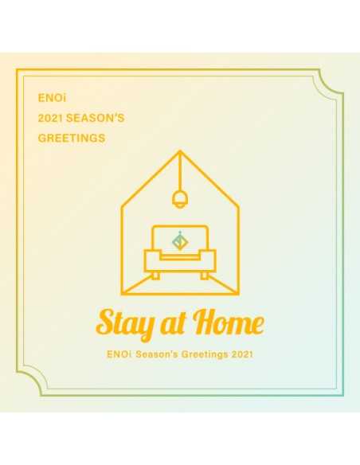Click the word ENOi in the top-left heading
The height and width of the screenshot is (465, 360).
49,100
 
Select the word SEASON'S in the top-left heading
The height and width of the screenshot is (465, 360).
100,119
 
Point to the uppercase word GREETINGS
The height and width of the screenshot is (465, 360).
72,139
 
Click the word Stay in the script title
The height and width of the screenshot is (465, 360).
124,322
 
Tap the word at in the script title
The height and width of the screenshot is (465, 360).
173,324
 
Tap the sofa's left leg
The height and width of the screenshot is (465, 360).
156,275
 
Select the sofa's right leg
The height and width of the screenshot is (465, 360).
204,275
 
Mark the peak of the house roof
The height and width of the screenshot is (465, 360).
179,150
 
